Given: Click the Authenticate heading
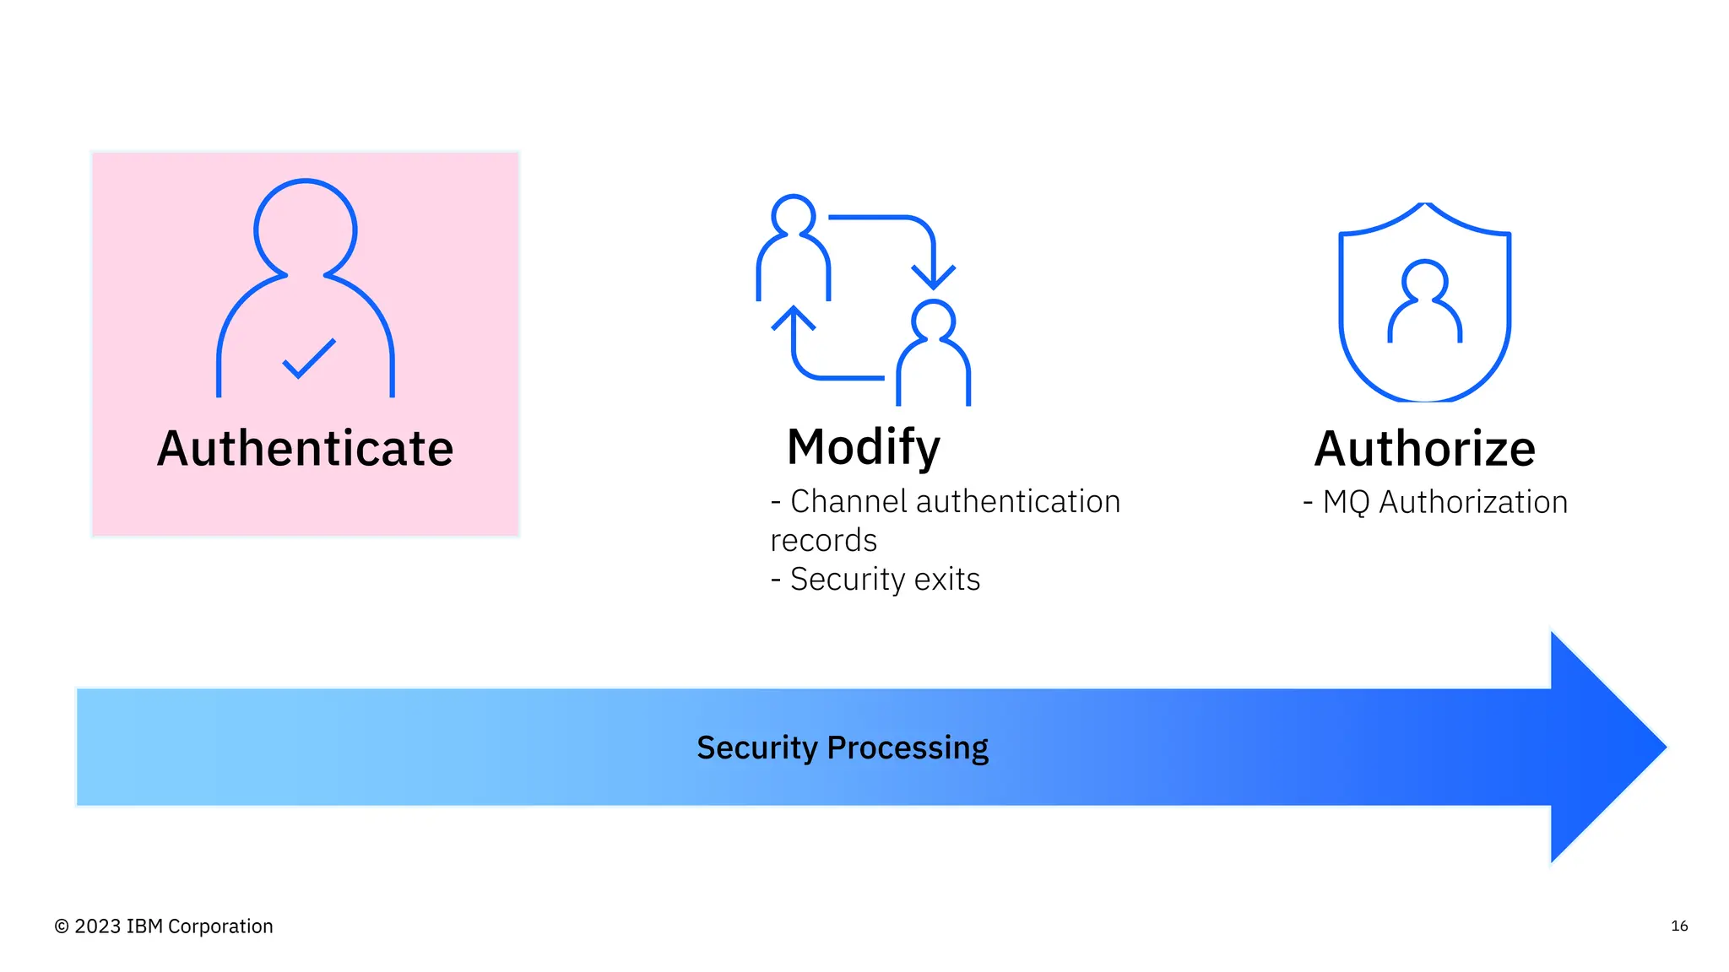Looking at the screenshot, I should tap(305, 448).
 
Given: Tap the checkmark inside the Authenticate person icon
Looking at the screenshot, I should tap(308, 359).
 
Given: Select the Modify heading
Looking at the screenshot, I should tap(863, 446).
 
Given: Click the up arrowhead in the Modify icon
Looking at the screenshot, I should tap(794, 318).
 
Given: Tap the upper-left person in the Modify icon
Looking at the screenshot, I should tap(793, 249).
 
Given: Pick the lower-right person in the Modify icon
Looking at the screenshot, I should tap(933, 354).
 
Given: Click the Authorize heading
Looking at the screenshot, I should tap(1424, 448).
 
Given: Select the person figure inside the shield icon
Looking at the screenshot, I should tap(1424, 302).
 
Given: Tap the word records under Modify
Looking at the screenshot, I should tap(823, 540).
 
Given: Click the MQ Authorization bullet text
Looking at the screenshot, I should tap(1444, 502).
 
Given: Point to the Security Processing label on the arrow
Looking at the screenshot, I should tap(842, 748).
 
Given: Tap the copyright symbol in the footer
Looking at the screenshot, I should tap(62, 926).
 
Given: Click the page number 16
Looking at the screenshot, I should tap(1679, 926).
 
